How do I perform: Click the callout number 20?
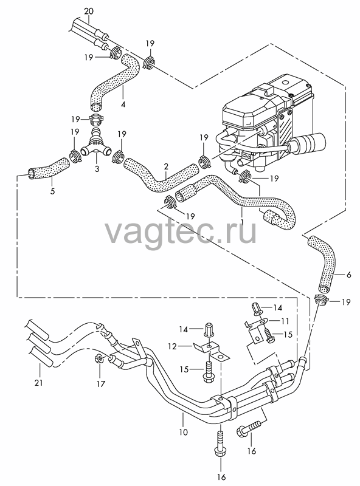(x=88, y=12)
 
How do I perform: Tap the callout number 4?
(x=123, y=104)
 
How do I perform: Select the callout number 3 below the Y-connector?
(x=97, y=169)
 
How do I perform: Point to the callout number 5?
(x=52, y=191)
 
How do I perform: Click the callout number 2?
(x=166, y=166)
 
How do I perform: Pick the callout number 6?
(x=348, y=275)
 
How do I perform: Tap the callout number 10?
(x=184, y=432)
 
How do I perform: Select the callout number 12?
(x=173, y=346)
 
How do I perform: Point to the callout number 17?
(x=101, y=384)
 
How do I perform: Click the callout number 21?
(x=38, y=383)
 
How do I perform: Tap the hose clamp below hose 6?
(x=322, y=299)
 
